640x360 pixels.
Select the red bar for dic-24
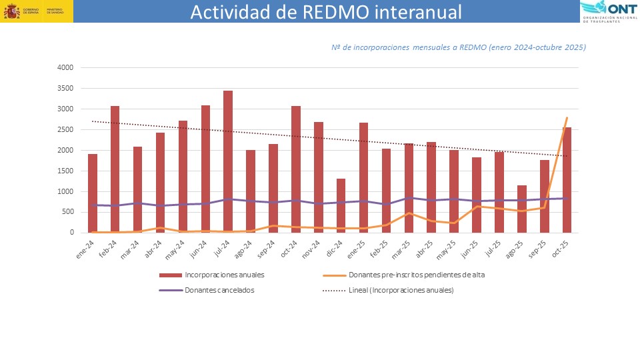(341, 206)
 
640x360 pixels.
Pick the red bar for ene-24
(93, 193)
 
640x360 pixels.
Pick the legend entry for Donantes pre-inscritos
(413, 275)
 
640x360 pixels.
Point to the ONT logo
(607, 11)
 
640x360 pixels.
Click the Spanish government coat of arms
(11, 11)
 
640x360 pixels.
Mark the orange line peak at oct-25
(567, 118)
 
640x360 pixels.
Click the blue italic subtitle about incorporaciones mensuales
(458, 47)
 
